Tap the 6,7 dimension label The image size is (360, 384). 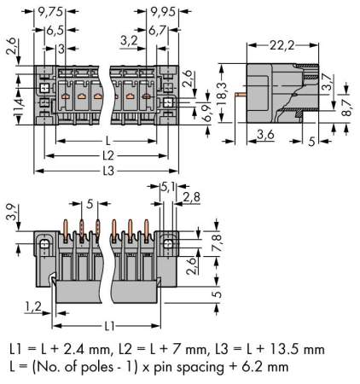[x=161, y=29]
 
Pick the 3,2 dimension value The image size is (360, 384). [x=129, y=40]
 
